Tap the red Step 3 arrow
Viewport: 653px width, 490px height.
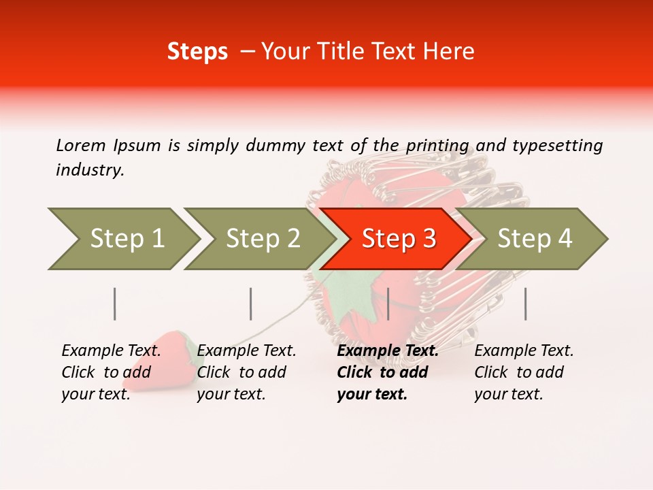pyautogui.click(x=398, y=239)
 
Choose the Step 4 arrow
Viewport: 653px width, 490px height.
pyautogui.click(x=534, y=239)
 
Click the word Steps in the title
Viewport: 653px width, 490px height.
pyautogui.click(x=197, y=52)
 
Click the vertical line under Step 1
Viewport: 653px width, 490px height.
pyautogui.click(x=115, y=304)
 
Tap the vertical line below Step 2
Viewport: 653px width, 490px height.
pyautogui.click(x=251, y=304)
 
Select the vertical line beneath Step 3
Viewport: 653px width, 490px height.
pyautogui.click(x=388, y=304)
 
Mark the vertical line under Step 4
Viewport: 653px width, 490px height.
pyautogui.click(x=525, y=304)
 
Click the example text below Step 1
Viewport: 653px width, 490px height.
pyautogui.click(x=111, y=372)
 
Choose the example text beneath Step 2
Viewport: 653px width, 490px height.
pyautogui.click(x=246, y=372)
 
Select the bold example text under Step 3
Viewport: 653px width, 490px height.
pyautogui.click(x=387, y=372)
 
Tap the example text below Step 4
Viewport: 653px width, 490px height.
pyautogui.click(x=524, y=372)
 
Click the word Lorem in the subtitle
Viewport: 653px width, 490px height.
pyautogui.click(x=80, y=145)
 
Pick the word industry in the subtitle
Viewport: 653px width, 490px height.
pyautogui.click(x=90, y=170)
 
